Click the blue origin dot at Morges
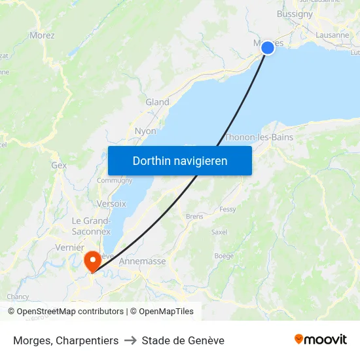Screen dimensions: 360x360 [268, 47]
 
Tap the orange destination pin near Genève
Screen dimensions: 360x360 [92, 261]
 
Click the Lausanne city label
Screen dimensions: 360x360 [333, 35]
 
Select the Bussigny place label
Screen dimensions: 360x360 [295, 14]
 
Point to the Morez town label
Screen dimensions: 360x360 [42, 35]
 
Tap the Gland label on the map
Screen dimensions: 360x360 [157, 102]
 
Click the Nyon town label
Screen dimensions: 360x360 [145, 131]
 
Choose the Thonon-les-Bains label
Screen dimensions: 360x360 [259, 137]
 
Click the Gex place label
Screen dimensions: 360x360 [59, 166]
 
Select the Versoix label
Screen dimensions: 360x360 [111, 204]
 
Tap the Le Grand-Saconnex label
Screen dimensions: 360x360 [92, 226]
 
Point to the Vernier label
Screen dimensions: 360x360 [70, 247]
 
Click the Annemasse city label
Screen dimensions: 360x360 [143, 261]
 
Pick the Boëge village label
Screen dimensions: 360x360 [224, 256]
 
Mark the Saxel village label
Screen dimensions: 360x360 [219, 232]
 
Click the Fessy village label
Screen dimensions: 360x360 [228, 209]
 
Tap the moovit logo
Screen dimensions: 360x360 [321, 340]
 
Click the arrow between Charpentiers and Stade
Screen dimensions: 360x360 [130, 340]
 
